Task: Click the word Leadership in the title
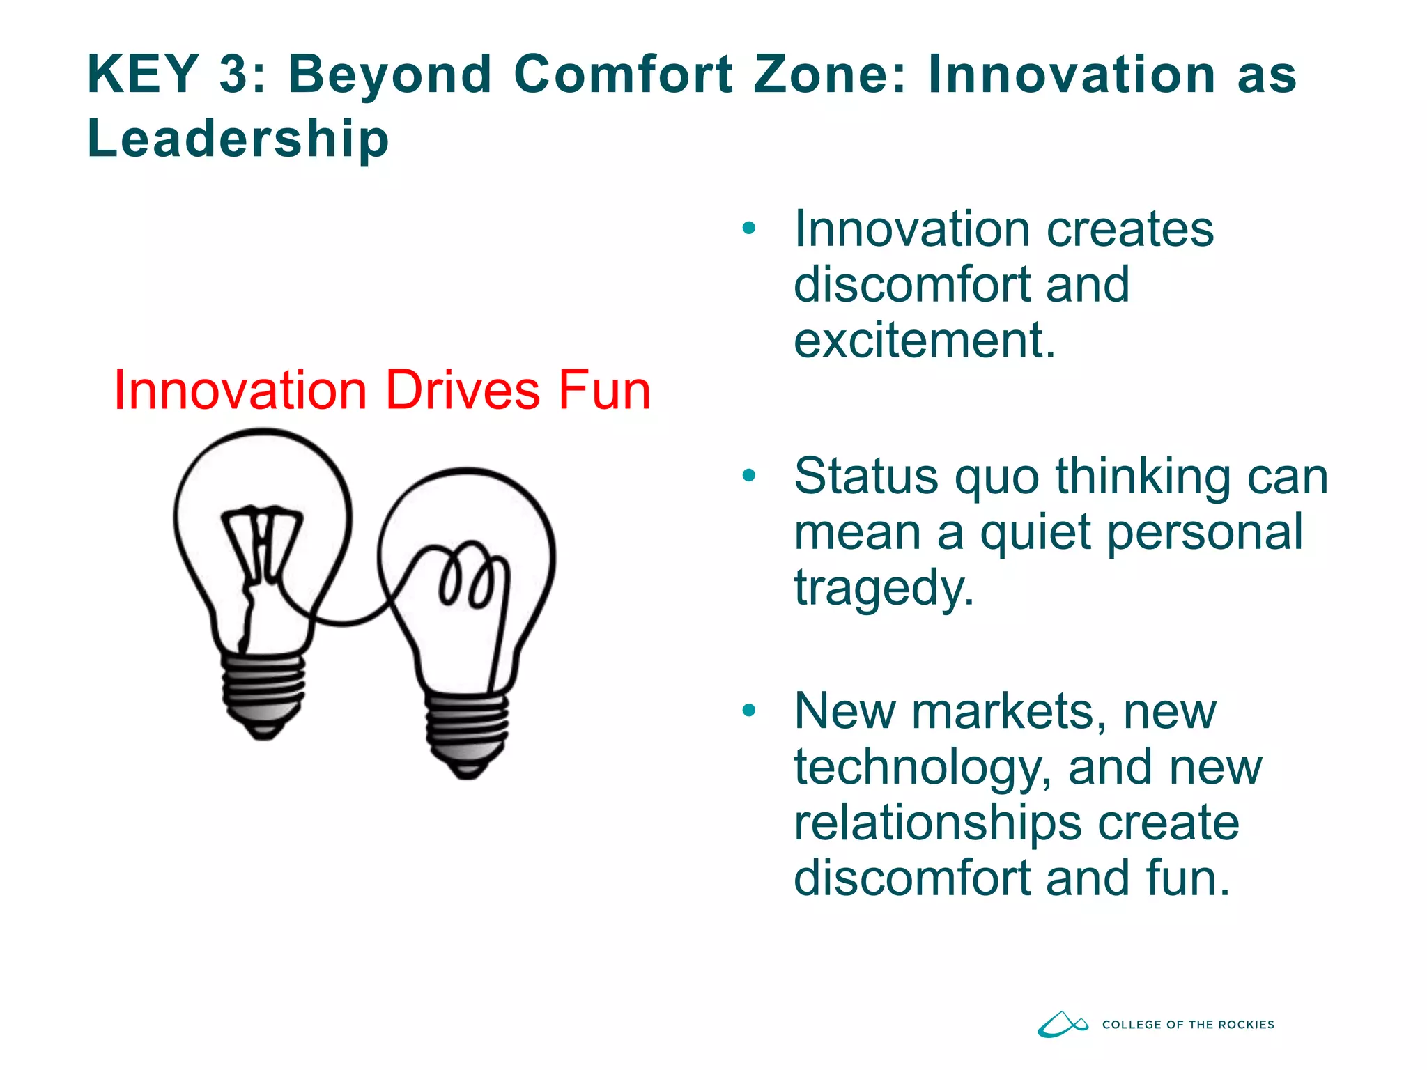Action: (238, 139)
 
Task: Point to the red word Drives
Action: (462, 390)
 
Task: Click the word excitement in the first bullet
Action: (924, 340)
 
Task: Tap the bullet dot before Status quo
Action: (749, 476)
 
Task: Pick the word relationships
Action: (937, 823)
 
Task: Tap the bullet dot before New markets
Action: (749, 711)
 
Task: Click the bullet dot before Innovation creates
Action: (749, 228)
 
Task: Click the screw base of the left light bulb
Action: (263, 693)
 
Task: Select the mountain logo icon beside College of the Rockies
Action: (1062, 1024)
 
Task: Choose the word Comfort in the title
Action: (622, 74)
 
